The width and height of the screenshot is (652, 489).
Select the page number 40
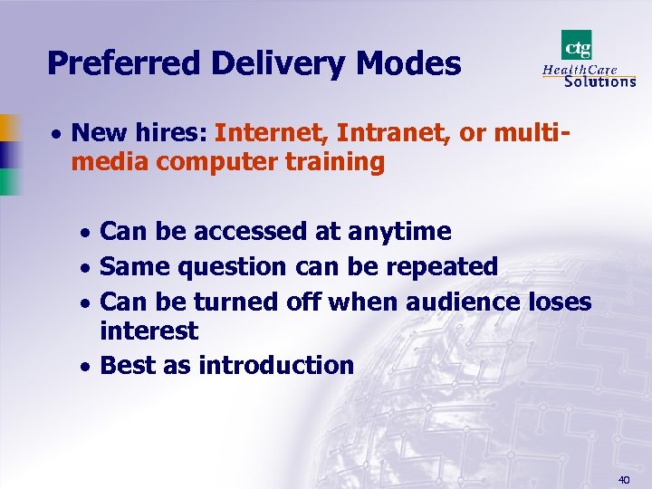[x=623, y=479]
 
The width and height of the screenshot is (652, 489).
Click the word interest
[x=149, y=331]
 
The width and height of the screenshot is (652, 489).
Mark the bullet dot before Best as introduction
[x=85, y=367]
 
